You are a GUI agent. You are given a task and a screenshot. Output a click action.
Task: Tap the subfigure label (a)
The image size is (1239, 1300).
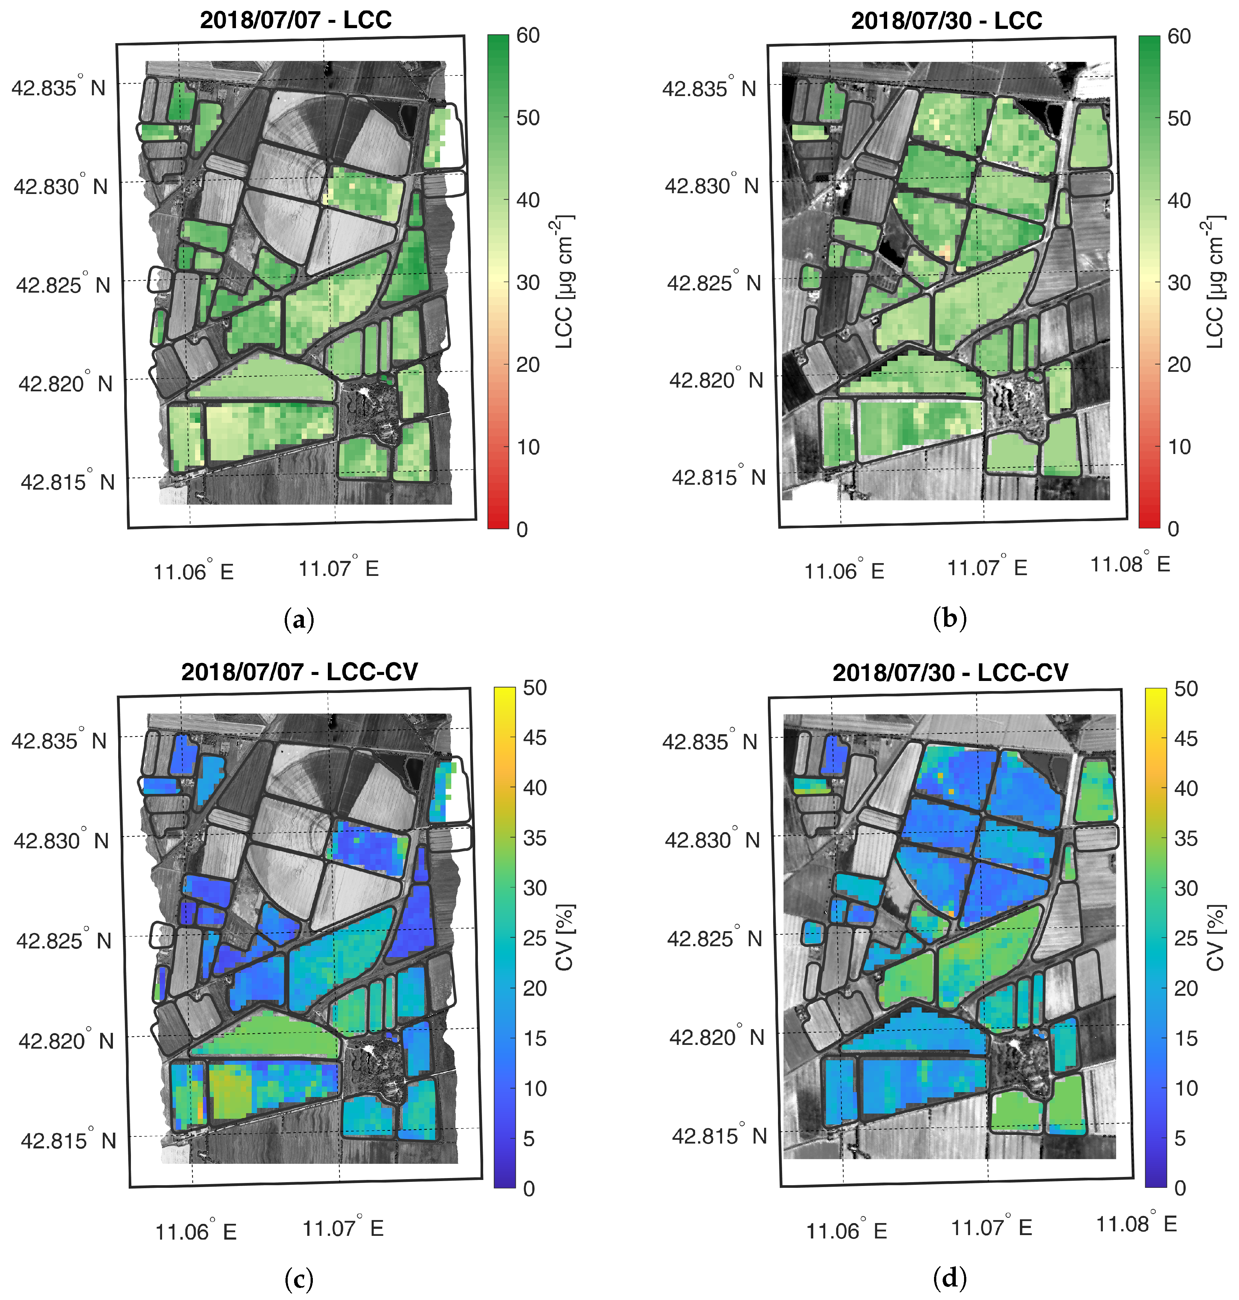coord(299,620)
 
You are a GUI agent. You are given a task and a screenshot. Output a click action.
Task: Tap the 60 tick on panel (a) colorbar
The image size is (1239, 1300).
coord(529,36)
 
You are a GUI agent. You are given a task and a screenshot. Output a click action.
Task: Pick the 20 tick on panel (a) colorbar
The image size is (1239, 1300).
coord(529,364)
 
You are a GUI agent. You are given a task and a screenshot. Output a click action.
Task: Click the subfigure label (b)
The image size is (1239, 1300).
coord(950,620)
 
